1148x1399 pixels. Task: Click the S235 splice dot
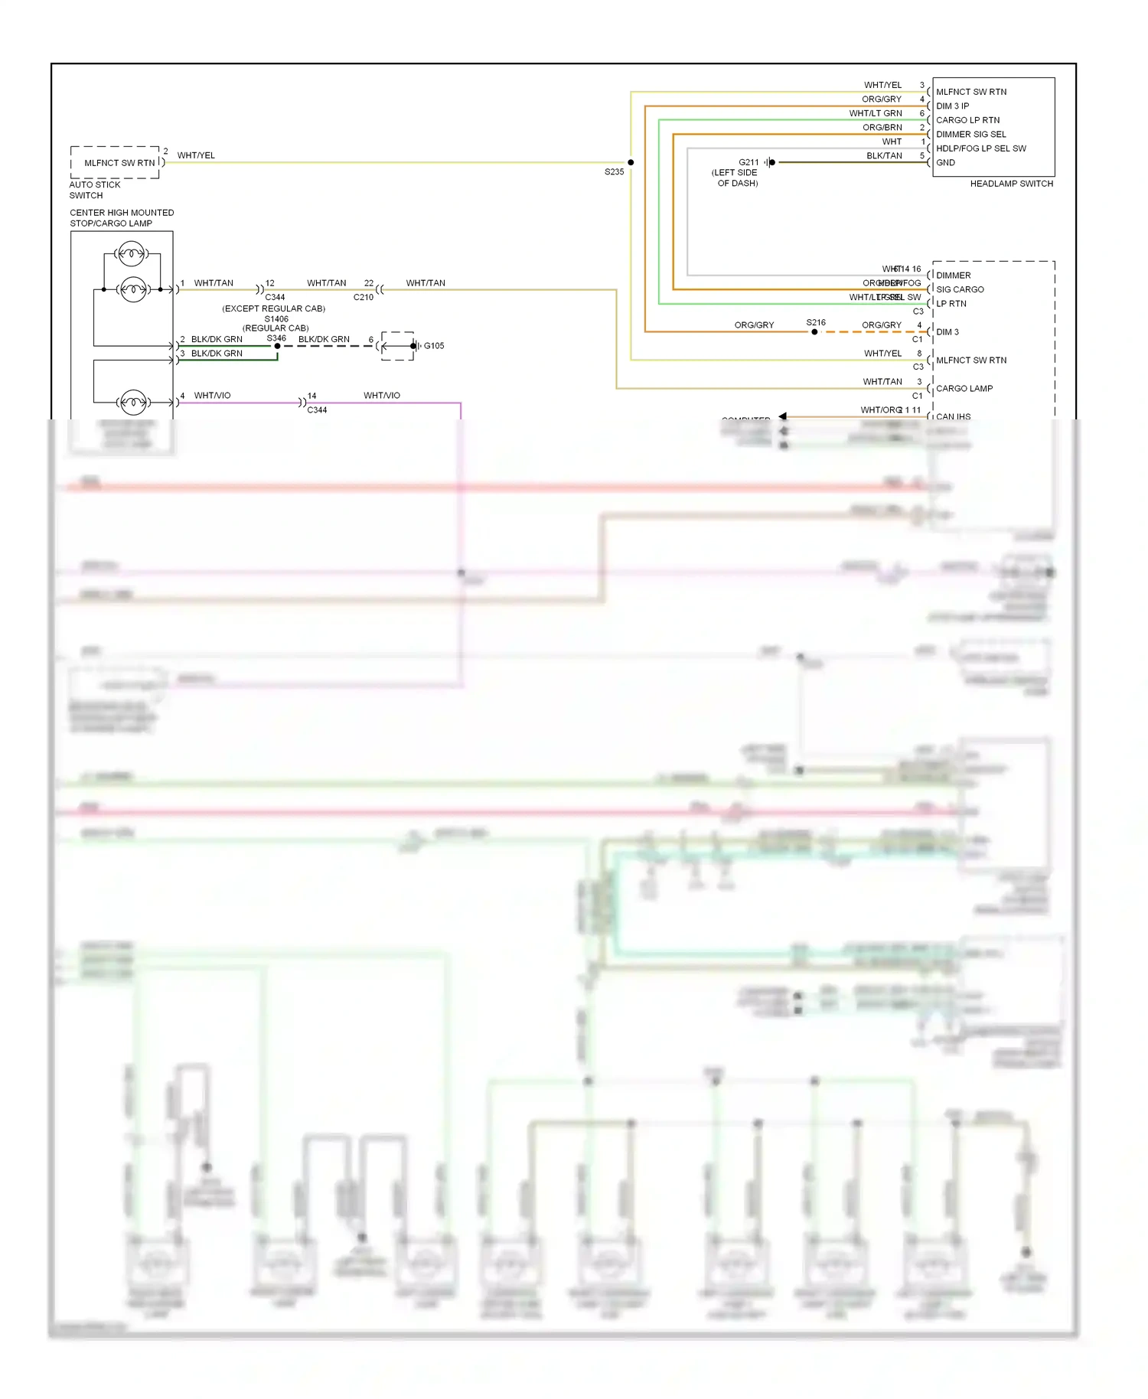pyautogui.click(x=631, y=162)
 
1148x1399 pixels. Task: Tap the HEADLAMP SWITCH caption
pyautogui.click(x=1011, y=184)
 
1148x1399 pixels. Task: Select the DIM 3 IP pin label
pyautogui.click(x=952, y=106)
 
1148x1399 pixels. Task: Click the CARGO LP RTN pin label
pyautogui.click(x=967, y=120)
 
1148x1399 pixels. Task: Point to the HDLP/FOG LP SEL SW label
pyautogui.click(x=980, y=148)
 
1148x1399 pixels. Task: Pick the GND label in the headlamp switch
pyautogui.click(x=945, y=162)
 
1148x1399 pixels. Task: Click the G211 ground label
pyautogui.click(x=748, y=162)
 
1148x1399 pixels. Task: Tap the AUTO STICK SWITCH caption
pyautogui.click(x=95, y=190)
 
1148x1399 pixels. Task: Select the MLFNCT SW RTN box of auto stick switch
pyautogui.click(x=119, y=163)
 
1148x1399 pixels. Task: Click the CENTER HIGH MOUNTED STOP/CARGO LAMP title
pyautogui.click(x=122, y=218)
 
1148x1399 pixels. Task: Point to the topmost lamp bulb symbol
pyautogui.click(x=132, y=253)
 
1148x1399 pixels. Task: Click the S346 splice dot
pyautogui.click(x=277, y=346)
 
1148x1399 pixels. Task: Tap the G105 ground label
pyautogui.click(x=434, y=346)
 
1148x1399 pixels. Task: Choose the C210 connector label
pyautogui.click(x=364, y=297)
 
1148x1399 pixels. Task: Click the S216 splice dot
pyautogui.click(x=814, y=332)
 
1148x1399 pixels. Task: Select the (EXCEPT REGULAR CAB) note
pyautogui.click(x=273, y=308)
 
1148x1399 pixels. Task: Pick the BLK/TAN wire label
pyautogui.click(x=884, y=156)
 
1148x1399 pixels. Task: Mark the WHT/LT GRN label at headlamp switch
pyautogui.click(x=875, y=113)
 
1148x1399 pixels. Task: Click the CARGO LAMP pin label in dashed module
pyautogui.click(x=964, y=389)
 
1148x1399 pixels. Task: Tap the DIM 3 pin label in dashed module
pyautogui.click(x=947, y=332)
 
